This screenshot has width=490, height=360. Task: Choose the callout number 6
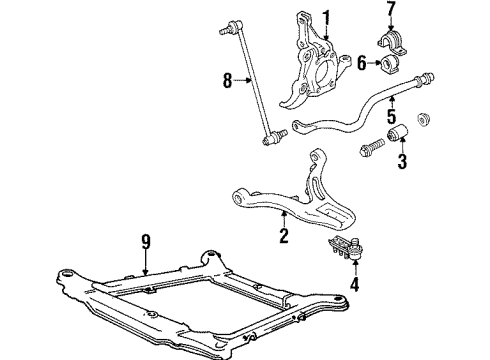pyautogui.click(x=361, y=63)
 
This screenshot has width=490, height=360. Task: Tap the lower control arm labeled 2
pyautogui.click(x=300, y=195)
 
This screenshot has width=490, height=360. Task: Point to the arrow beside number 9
pyautogui.click(x=146, y=262)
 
